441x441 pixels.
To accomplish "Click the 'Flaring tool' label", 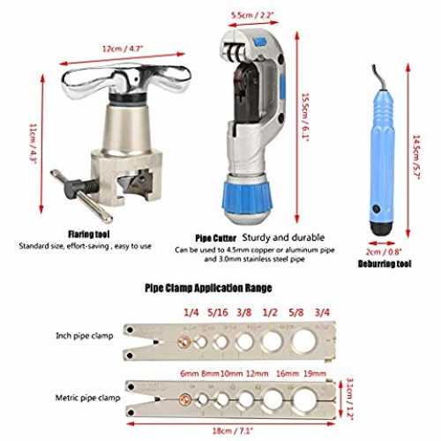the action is pyautogui.click(x=89, y=235).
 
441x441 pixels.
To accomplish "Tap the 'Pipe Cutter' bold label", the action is pyautogui.click(x=216, y=238).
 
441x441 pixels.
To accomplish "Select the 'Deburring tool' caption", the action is pyautogui.click(x=385, y=264).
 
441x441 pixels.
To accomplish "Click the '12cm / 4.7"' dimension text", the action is pyautogui.click(x=123, y=49).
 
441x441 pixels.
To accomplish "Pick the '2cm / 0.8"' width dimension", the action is pyautogui.click(x=384, y=252).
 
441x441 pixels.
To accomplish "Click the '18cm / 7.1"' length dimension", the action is pyautogui.click(x=233, y=431).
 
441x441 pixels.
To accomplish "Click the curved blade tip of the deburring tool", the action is pyautogui.click(x=375, y=71).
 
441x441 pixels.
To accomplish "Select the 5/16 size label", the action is pyautogui.click(x=218, y=312).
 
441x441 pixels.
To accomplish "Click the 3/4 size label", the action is pyautogui.click(x=322, y=312).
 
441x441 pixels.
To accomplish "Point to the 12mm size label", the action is pyautogui.click(x=258, y=374).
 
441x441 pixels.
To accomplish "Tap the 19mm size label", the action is pyautogui.click(x=315, y=374).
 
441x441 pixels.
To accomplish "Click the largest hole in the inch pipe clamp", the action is pyautogui.click(x=304, y=341).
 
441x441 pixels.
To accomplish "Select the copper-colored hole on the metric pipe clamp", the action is pyautogui.click(x=185, y=400).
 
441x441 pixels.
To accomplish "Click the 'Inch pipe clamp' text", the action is pyautogui.click(x=85, y=336).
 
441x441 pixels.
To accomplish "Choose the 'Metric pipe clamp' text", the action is pyautogui.click(x=87, y=398).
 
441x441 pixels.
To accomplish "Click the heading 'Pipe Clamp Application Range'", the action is pyautogui.click(x=208, y=288).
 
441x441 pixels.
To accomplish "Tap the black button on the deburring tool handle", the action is pyautogui.click(x=376, y=209).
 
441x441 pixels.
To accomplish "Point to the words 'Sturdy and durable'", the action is pyautogui.click(x=283, y=237).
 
